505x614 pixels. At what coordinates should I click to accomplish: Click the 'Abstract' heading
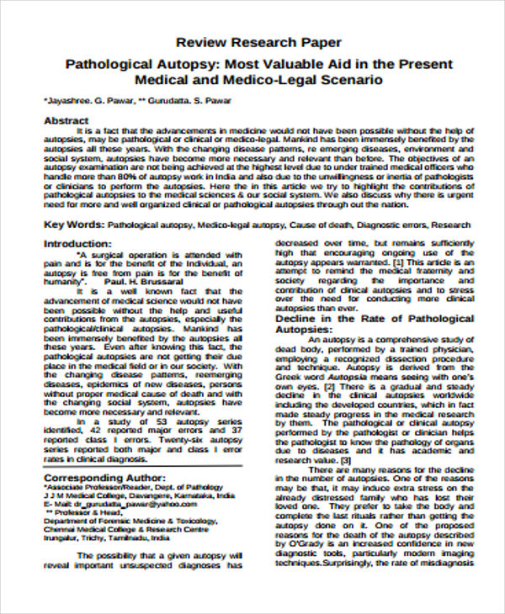click(x=66, y=120)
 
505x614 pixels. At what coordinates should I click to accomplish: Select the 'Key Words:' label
click(x=73, y=225)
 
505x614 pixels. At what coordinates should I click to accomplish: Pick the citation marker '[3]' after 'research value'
click(x=345, y=461)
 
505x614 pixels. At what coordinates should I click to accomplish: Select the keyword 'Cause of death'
click(x=319, y=226)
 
